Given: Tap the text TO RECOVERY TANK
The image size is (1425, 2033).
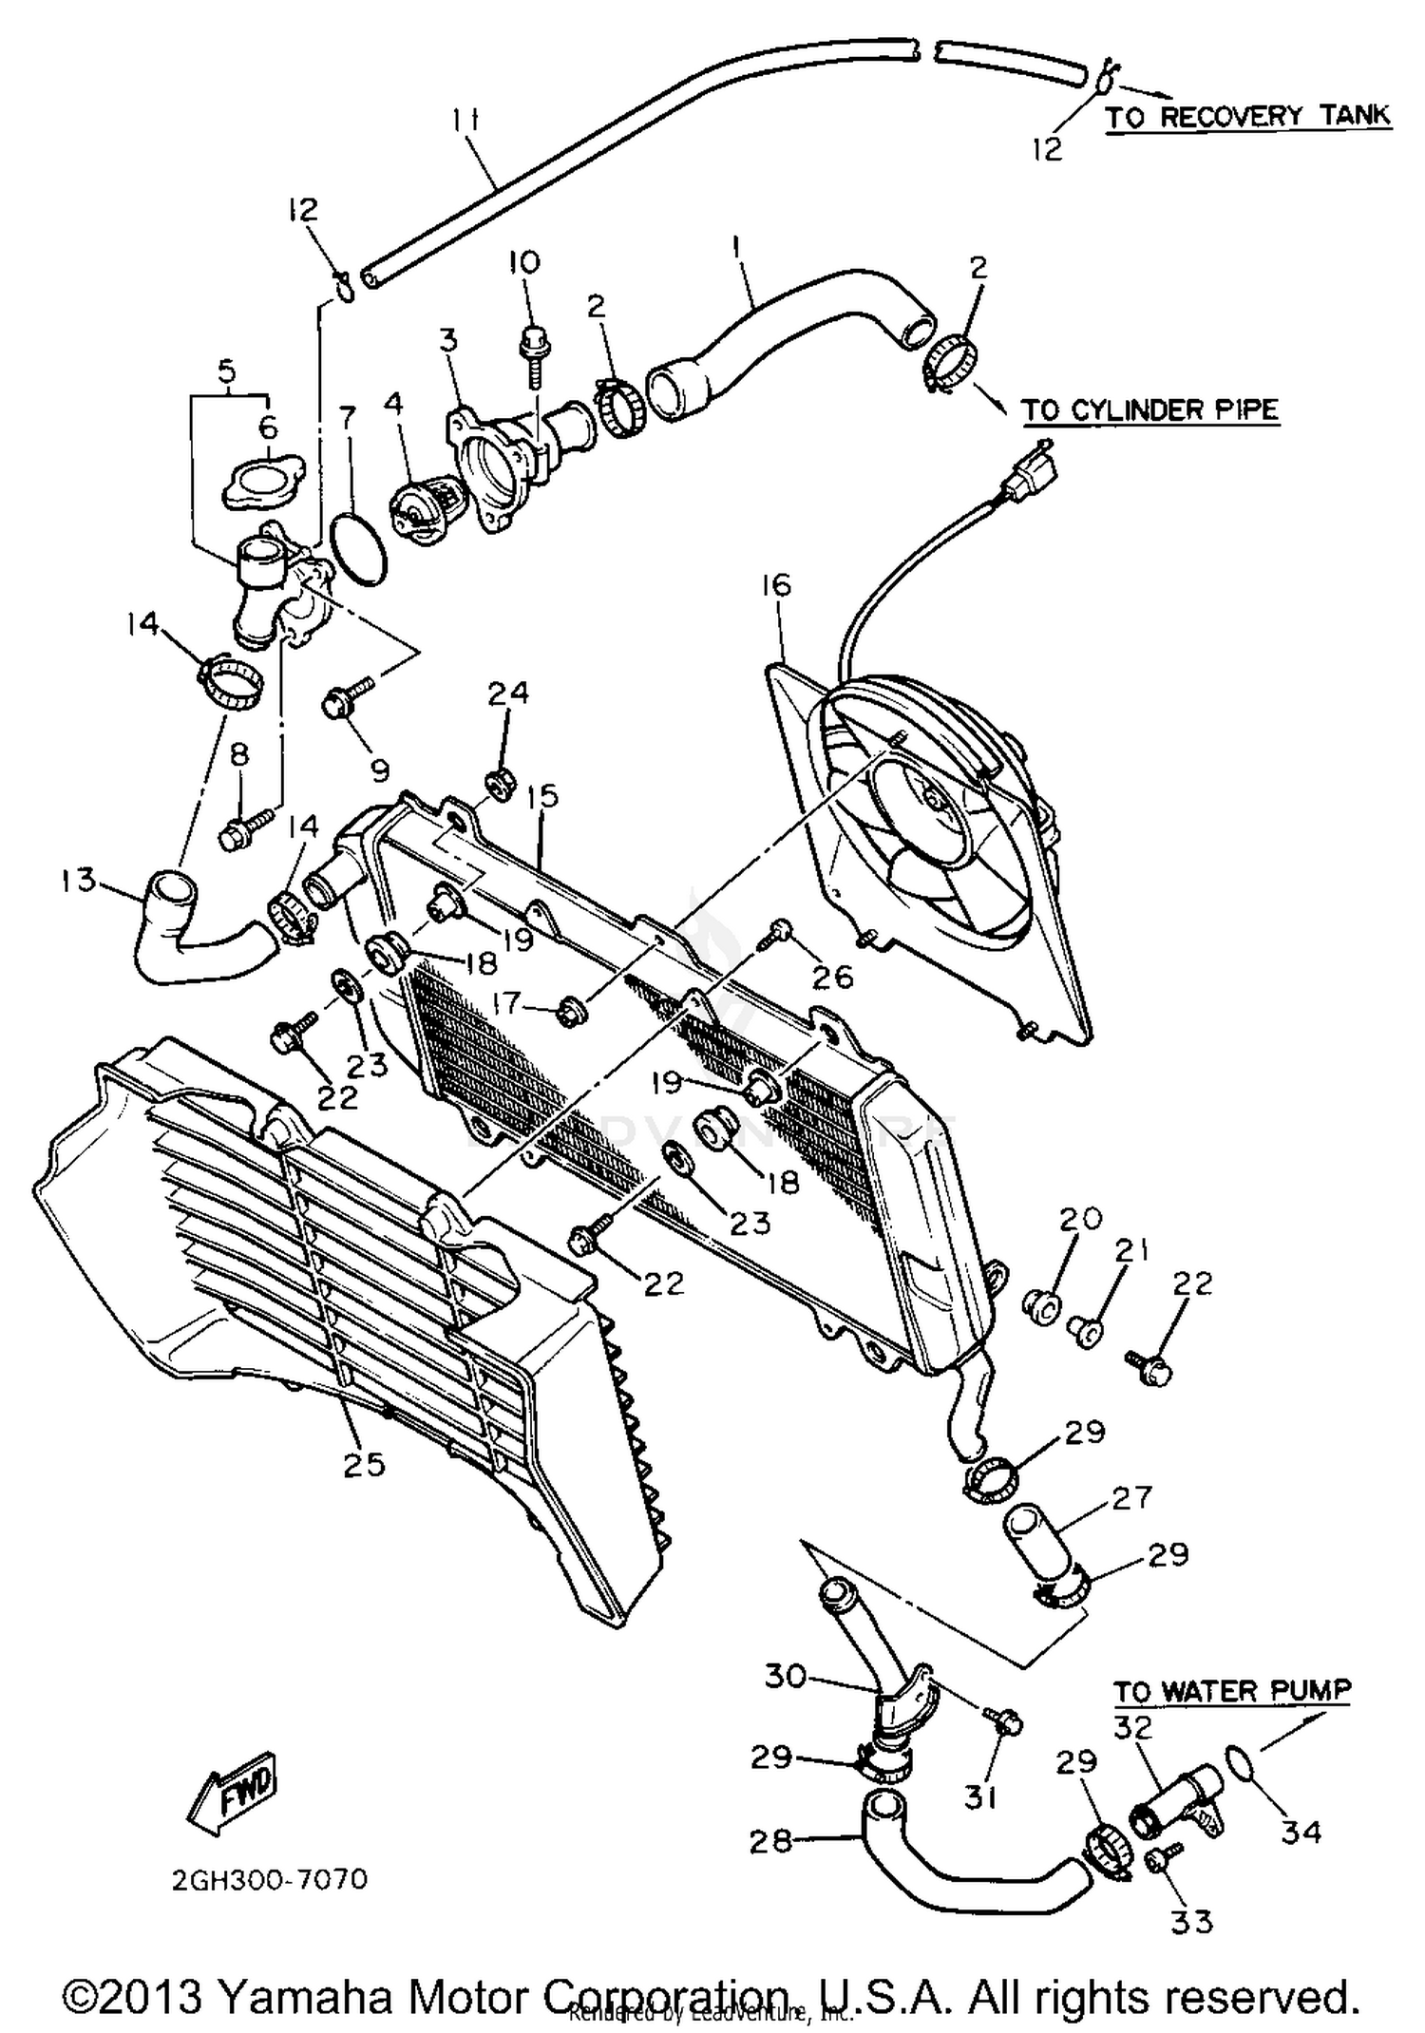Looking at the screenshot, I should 1247,117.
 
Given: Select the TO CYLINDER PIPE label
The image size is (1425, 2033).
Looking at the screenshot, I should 1149,410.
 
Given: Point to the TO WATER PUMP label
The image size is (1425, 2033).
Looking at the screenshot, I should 1231,1690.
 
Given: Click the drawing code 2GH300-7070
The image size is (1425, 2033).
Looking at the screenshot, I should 270,1880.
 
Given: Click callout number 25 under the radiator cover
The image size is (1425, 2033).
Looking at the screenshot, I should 364,1464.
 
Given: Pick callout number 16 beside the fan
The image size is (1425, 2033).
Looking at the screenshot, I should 776,585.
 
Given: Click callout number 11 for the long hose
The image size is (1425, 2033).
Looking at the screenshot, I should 465,122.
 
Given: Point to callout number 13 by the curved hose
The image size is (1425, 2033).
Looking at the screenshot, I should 79,880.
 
